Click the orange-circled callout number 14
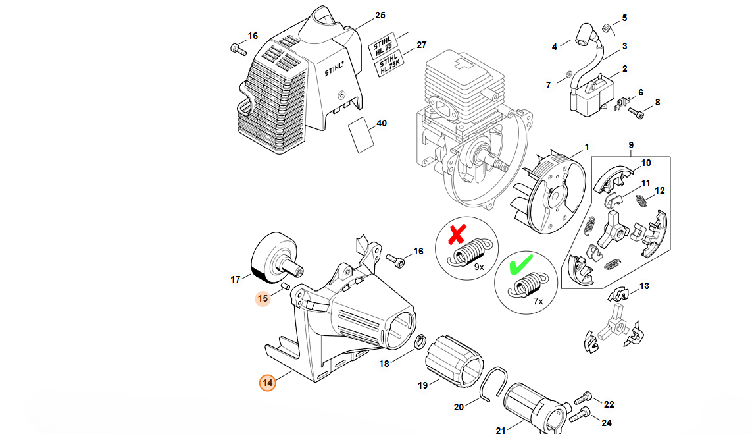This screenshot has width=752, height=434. tap(268, 383)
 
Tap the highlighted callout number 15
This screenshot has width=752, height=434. tap(263, 298)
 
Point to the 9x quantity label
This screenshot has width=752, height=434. tap(478, 267)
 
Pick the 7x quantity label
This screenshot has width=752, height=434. tap(538, 302)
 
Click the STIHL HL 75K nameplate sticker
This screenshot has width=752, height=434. tap(389, 65)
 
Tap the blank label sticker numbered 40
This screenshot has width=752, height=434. tap(361, 135)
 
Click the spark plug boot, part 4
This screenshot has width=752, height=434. tap(587, 34)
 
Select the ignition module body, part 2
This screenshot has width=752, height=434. tap(592, 97)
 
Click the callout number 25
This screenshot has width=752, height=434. tap(380, 15)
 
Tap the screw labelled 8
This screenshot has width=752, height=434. tap(636, 113)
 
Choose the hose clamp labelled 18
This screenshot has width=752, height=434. tap(420, 341)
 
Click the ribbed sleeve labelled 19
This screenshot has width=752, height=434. tap(454, 361)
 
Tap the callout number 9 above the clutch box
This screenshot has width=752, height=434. tap(631, 145)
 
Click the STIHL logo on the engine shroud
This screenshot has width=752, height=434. tap(334, 68)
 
